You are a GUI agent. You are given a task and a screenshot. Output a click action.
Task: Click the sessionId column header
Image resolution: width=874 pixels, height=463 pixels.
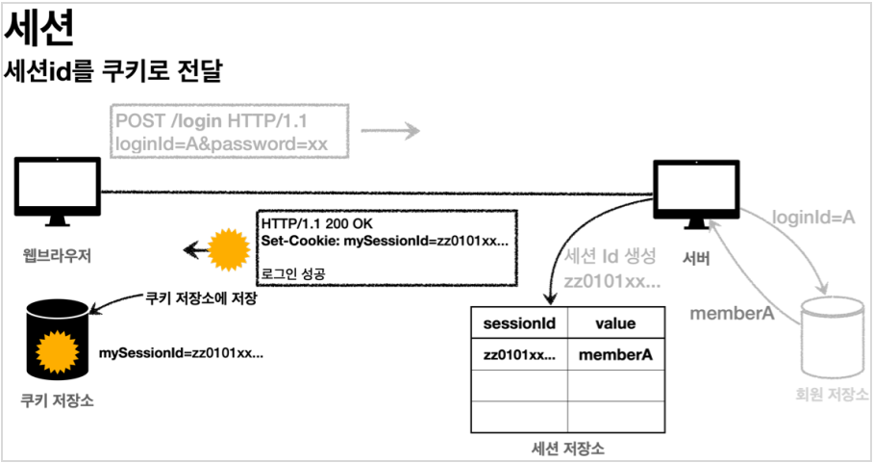tap(518, 323)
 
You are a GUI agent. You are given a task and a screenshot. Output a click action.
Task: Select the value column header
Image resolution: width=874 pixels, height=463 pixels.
tap(614, 323)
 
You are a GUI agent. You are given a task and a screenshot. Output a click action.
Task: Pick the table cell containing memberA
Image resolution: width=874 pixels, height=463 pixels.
tap(615, 355)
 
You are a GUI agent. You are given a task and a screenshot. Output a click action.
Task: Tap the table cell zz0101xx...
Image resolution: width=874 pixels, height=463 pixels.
tap(519, 355)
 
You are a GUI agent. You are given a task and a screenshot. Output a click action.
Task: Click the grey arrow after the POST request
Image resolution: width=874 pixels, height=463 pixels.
tap(396, 132)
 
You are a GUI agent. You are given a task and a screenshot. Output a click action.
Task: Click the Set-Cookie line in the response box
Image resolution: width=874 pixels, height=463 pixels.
tap(385, 240)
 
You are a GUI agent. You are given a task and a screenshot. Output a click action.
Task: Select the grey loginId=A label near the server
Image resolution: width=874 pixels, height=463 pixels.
tap(814, 219)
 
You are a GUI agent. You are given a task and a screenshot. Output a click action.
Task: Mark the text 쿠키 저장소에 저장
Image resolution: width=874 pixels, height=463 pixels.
tap(200, 299)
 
